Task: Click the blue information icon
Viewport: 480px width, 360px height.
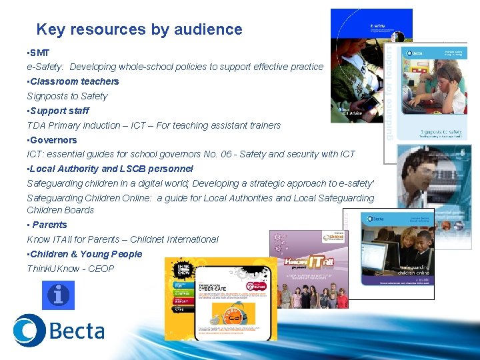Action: (58, 295)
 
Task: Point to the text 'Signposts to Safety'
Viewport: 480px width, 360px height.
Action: (67, 96)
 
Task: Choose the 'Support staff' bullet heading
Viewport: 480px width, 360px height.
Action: (59, 111)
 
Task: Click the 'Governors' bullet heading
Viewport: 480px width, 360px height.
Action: (53, 140)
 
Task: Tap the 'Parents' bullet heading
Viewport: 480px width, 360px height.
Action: (49, 225)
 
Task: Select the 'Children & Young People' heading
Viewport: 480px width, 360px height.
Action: (86, 254)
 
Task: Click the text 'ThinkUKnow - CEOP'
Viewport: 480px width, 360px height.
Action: (70, 269)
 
